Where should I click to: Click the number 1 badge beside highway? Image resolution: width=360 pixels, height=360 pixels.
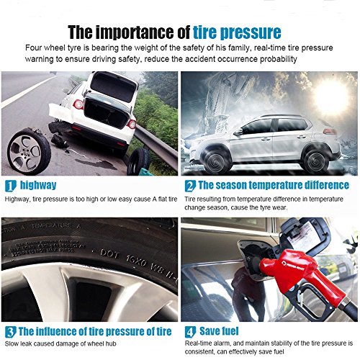coord(10,184)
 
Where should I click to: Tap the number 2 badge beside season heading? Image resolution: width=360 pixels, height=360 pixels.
coord(189,184)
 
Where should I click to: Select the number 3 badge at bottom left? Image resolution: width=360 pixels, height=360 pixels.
coord(10,332)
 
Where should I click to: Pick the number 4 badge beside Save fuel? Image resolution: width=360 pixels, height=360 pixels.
coord(189,332)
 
